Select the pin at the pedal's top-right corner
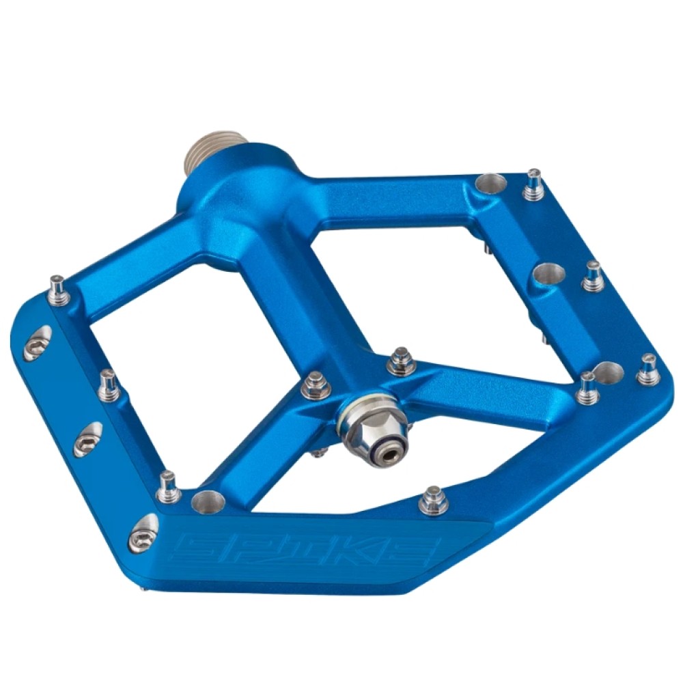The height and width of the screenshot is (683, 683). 534,184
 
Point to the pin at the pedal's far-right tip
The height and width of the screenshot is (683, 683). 647,370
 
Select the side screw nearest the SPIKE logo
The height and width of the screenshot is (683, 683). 143,533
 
